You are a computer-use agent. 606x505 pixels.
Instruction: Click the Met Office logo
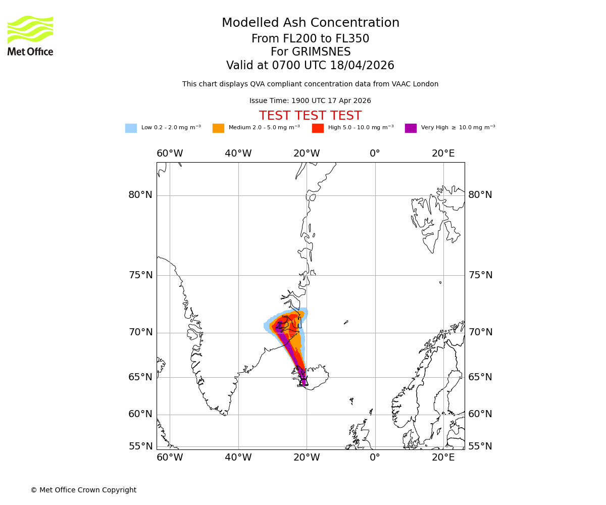(30, 35)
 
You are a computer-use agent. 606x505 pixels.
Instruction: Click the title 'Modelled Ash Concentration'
(311, 23)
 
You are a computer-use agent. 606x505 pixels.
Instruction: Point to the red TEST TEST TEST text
(310, 116)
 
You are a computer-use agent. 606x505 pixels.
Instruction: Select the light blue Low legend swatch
(131, 128)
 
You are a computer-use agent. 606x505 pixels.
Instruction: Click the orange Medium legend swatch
(218, 128)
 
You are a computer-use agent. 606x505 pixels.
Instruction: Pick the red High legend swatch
(318, 128)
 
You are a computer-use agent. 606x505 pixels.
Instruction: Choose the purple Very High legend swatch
(411, 128)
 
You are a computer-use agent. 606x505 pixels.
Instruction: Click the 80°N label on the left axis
(140, 195)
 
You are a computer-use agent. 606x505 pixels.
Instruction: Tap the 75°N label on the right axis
(480, 275)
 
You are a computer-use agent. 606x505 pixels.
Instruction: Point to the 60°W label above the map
(170, 154)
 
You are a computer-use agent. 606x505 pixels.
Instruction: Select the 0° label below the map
(375, 458)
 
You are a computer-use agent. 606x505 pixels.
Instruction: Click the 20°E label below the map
(443, 458)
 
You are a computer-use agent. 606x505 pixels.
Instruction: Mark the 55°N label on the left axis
(140, 446)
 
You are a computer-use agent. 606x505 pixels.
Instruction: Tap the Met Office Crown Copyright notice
(83, 490)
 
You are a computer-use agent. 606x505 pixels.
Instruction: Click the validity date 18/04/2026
(362, 66)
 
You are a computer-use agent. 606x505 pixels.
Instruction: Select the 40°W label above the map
(238, 154)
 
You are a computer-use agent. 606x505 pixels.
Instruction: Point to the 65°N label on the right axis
(480, 377)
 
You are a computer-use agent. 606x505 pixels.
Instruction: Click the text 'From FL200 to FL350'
(311, 39)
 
